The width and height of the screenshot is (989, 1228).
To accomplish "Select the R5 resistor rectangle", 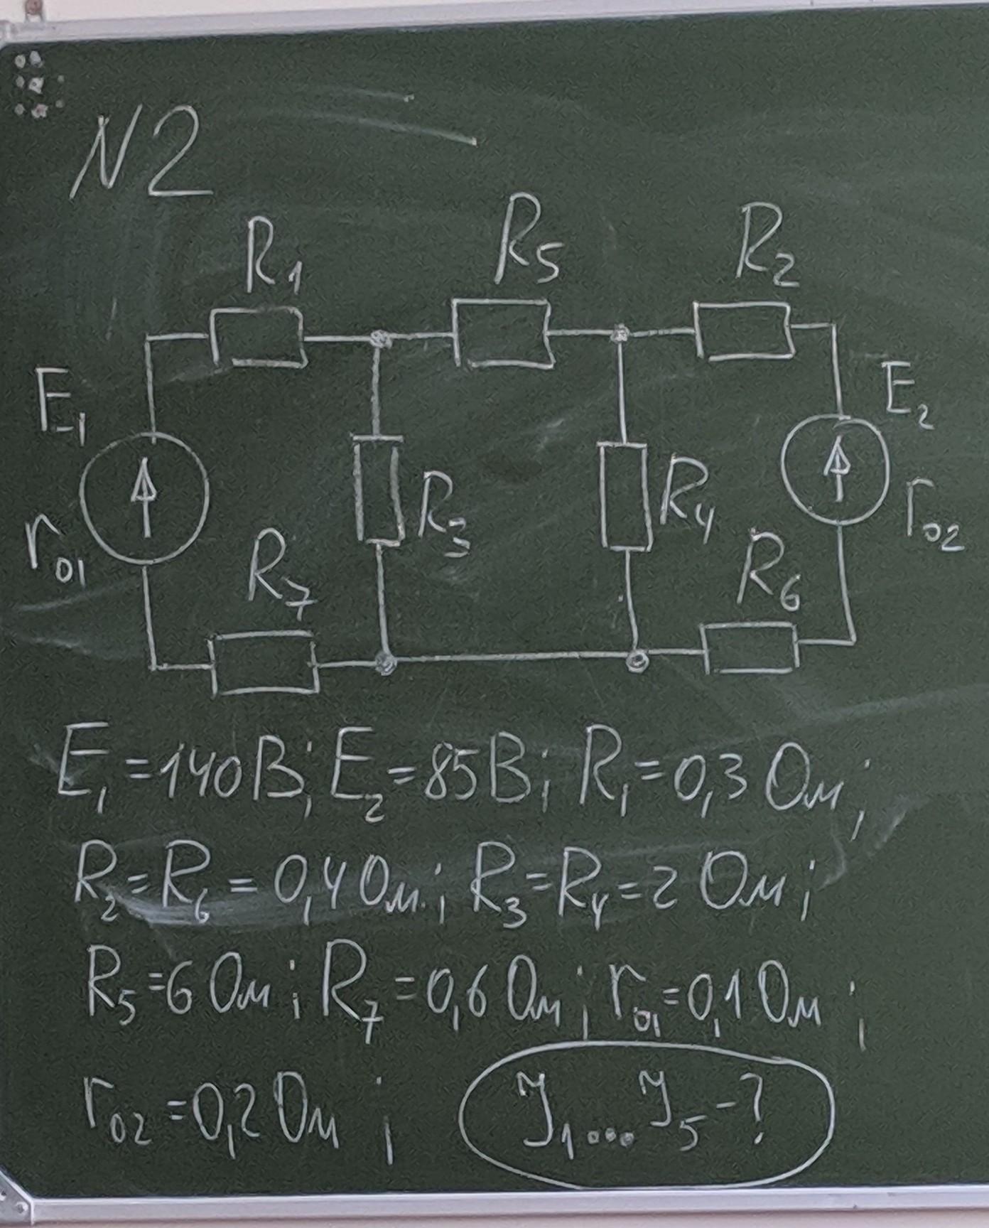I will click(502, 333).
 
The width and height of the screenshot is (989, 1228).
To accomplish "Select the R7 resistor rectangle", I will click(264, 664).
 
